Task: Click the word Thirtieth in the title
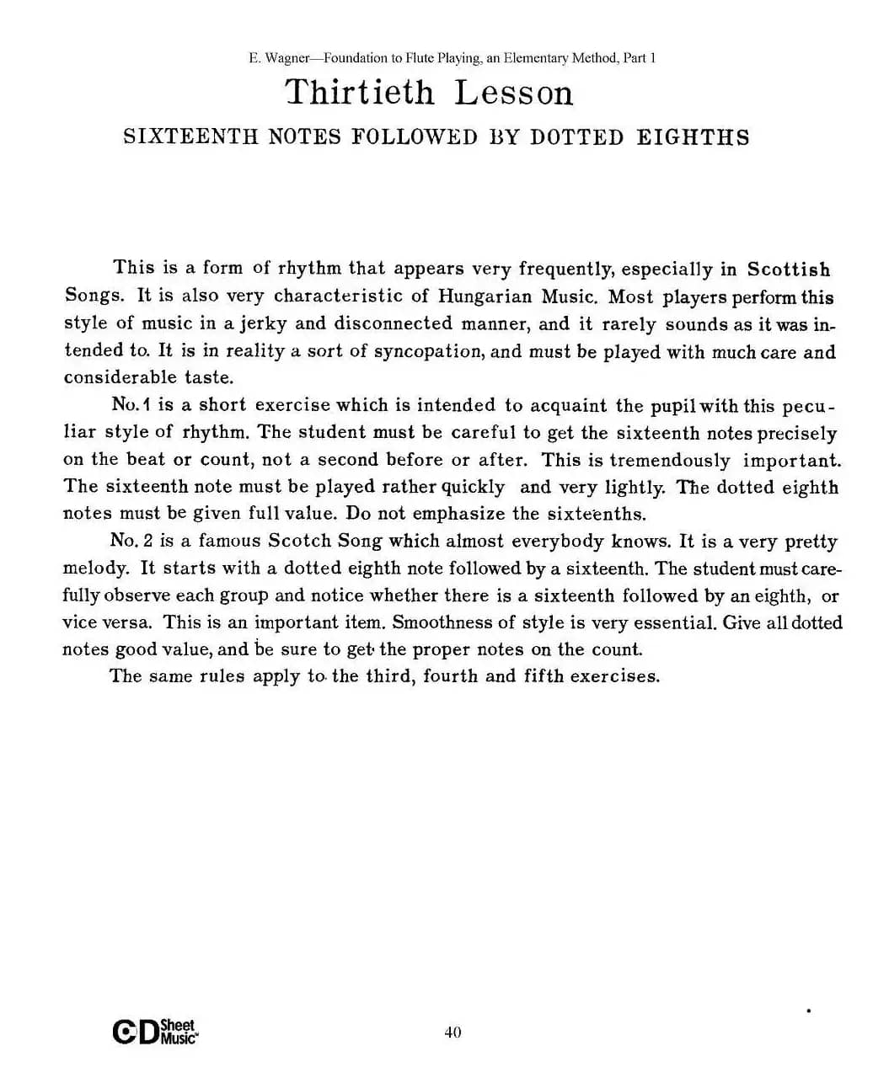(360, 93)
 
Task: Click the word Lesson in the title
(514, 93)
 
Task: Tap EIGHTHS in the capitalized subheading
(693, 137)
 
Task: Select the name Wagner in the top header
(287, 58)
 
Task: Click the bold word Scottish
(789, 270)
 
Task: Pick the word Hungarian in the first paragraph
(485, 296)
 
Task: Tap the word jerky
(264, 324)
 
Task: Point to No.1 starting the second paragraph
(130, 405)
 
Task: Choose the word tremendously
(670, 460)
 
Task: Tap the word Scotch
(300, 541)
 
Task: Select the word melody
(95, 569)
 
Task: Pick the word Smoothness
(441, 622)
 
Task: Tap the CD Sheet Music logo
(155, 1032)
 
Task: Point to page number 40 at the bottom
(453, 1033)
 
